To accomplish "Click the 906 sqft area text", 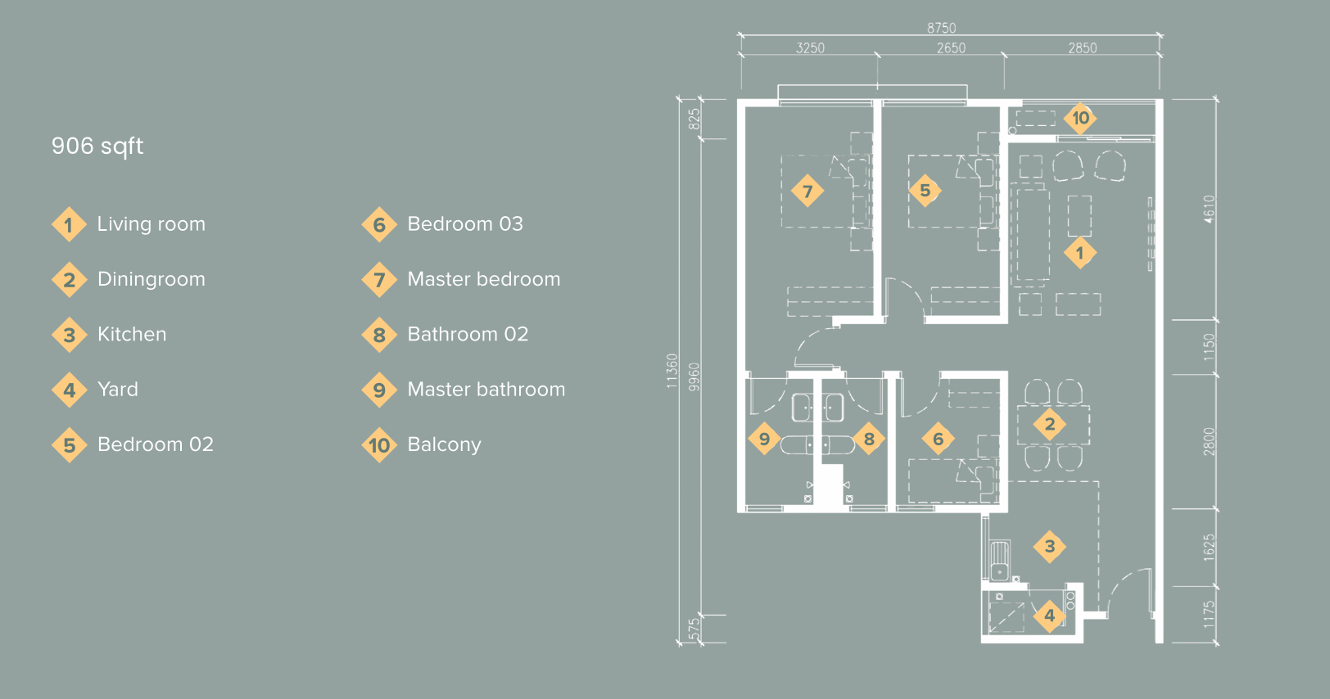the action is (x=97, y=146).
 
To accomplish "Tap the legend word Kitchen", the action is (x=132, y=334).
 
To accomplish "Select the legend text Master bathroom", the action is (x=486, y=390).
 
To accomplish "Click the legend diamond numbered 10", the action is (x=379, y=445).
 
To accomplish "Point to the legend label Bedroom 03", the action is (x=465, y=223).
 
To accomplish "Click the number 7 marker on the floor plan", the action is (x=807, y=191).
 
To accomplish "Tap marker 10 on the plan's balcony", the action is (x=1080, y=118).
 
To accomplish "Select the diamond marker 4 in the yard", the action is (x=1050, y=616).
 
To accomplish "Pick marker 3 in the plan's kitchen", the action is (x=1050, y=547).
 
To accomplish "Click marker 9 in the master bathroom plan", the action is (x=764, y=439).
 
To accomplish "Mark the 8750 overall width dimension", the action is (x=942, y=28).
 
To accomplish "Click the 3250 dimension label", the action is (x=810, y=48).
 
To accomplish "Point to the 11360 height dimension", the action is (x=672, y=371).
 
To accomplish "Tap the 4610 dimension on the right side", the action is (x=1209, y=210).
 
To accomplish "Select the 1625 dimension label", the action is (x=1209, y=548).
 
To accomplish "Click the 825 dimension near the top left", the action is (x=694, y=120).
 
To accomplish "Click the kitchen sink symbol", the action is (x=1000, y=560).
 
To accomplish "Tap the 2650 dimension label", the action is (x=951, y=48).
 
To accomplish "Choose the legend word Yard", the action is (x=118, y=390).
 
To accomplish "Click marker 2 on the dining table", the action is (x=1050, y=424).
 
